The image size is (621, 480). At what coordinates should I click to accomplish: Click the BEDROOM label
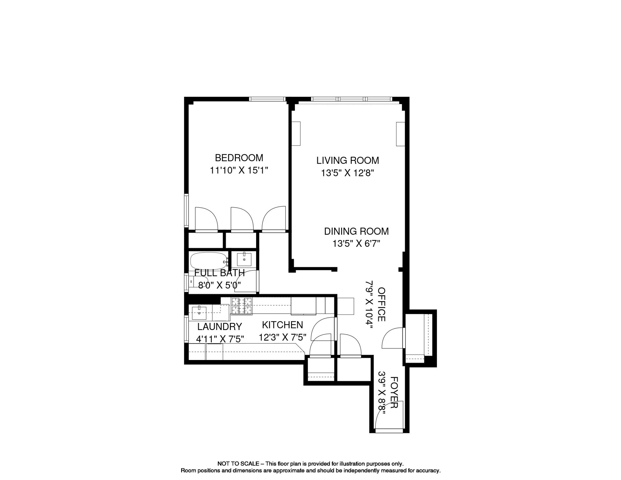(239, 157)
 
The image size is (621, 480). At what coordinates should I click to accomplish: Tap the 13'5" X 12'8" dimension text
(347, 173)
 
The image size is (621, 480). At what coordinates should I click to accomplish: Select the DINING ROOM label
(356, 231)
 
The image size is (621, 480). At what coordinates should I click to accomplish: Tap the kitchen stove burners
(241, 306)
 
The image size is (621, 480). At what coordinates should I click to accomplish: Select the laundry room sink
(199, 312)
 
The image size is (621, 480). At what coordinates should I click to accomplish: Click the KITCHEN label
(282, 325)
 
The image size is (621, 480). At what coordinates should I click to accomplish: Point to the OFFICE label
(381, 304)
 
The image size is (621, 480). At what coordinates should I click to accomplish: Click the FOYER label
(394, 392)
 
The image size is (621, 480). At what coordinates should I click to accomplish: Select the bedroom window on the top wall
(267, 99)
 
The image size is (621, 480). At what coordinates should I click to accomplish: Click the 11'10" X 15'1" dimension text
(239, 170)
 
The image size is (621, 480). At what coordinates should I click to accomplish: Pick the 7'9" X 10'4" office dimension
(370, 304)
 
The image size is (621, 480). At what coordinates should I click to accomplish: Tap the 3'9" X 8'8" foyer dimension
(382, 392)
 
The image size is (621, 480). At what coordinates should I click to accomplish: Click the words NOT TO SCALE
(238, 464)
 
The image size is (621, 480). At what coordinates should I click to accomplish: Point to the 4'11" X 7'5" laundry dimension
(220, 339)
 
